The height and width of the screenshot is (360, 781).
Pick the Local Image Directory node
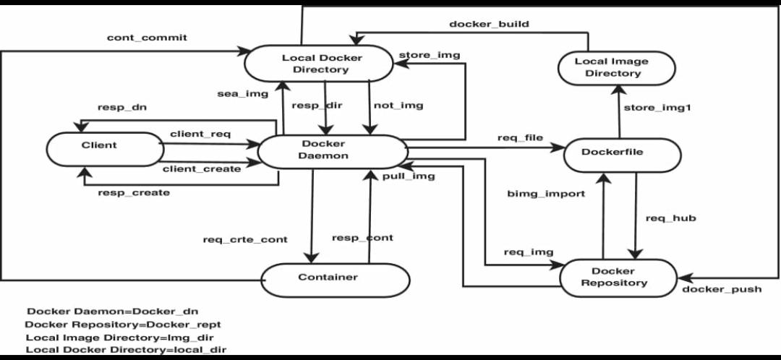[617, 67]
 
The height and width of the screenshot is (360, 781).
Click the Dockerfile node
[622, 152]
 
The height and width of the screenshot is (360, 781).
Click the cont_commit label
[147, 38]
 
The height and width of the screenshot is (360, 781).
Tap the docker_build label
[489, 24]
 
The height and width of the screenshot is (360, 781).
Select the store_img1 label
[657, 108]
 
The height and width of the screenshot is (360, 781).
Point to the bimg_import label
[546, 194]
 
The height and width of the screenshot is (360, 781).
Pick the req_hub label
[670, 218]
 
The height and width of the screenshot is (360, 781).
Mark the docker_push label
[722, 289]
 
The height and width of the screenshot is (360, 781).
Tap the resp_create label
[134, 192]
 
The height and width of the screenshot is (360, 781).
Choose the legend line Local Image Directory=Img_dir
[119, 337]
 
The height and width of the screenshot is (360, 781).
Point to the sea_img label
[242, 93]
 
